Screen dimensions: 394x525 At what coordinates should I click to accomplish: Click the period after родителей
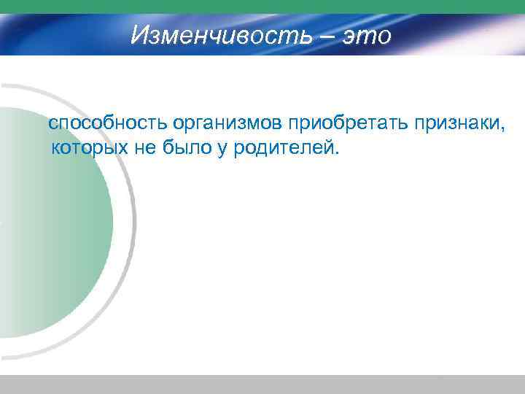(337, 154)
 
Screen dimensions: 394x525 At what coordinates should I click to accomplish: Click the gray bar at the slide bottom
(262, 385)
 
